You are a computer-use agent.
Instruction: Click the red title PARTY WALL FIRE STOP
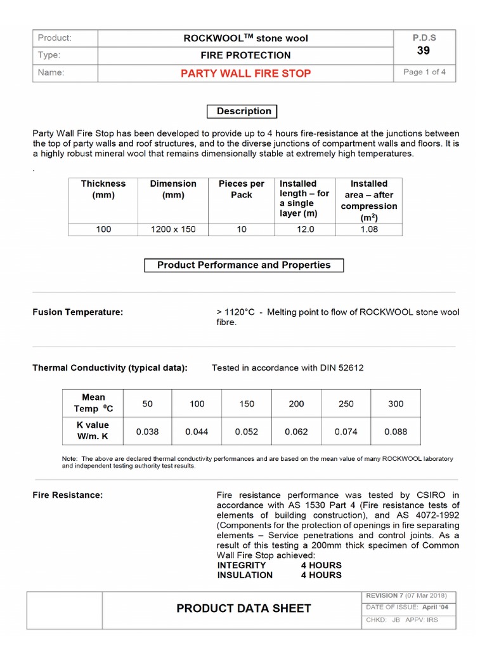245,73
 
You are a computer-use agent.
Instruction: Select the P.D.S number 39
424,50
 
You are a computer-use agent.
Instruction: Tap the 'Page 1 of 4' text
424,72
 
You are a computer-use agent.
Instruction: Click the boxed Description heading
243,111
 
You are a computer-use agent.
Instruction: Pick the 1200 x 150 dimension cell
173,229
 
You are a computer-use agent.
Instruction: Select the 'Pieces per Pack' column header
242,189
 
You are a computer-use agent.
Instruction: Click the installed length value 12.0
306,229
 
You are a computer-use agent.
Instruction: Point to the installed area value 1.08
369,229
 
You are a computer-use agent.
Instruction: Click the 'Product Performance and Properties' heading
243,265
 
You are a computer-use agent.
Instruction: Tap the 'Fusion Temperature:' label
77,312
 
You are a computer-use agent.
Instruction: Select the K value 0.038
147,432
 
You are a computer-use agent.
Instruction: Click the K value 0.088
396,432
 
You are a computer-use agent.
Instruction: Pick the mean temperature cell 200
296,404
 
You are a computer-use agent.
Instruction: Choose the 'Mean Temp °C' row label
94,404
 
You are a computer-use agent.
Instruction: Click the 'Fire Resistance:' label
67,494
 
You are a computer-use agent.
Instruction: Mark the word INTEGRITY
242,565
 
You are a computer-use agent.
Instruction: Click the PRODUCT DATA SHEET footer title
243,609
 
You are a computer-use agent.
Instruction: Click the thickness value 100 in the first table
103,229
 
